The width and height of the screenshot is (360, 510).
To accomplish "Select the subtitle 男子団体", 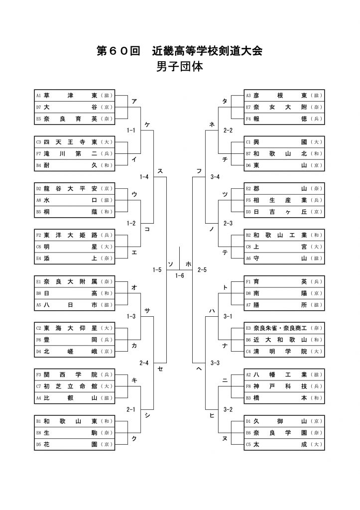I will tap(179, 67).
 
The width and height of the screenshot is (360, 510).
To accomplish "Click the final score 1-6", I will tap(180, 275).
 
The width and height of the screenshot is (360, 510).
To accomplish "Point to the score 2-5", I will tap(202, 269).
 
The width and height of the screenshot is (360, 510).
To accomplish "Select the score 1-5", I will tap(157, 269).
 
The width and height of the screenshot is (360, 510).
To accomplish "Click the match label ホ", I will tap(188, 263).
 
